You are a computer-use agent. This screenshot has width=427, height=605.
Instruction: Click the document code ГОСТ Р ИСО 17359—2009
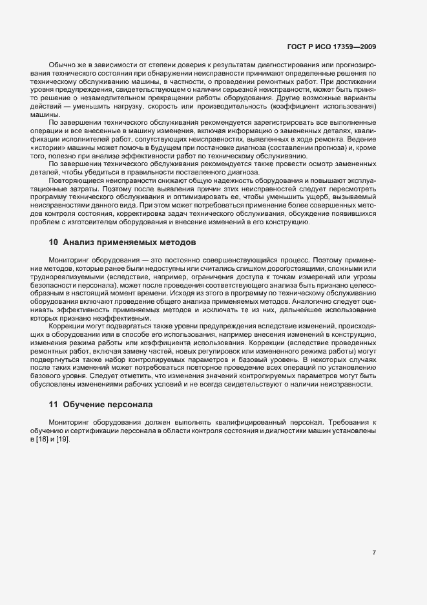click(x=331, y=47)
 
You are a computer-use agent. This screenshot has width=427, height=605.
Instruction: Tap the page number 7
click(x=374, y=553)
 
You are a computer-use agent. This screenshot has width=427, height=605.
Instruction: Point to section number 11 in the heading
click(x=54, y=405)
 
